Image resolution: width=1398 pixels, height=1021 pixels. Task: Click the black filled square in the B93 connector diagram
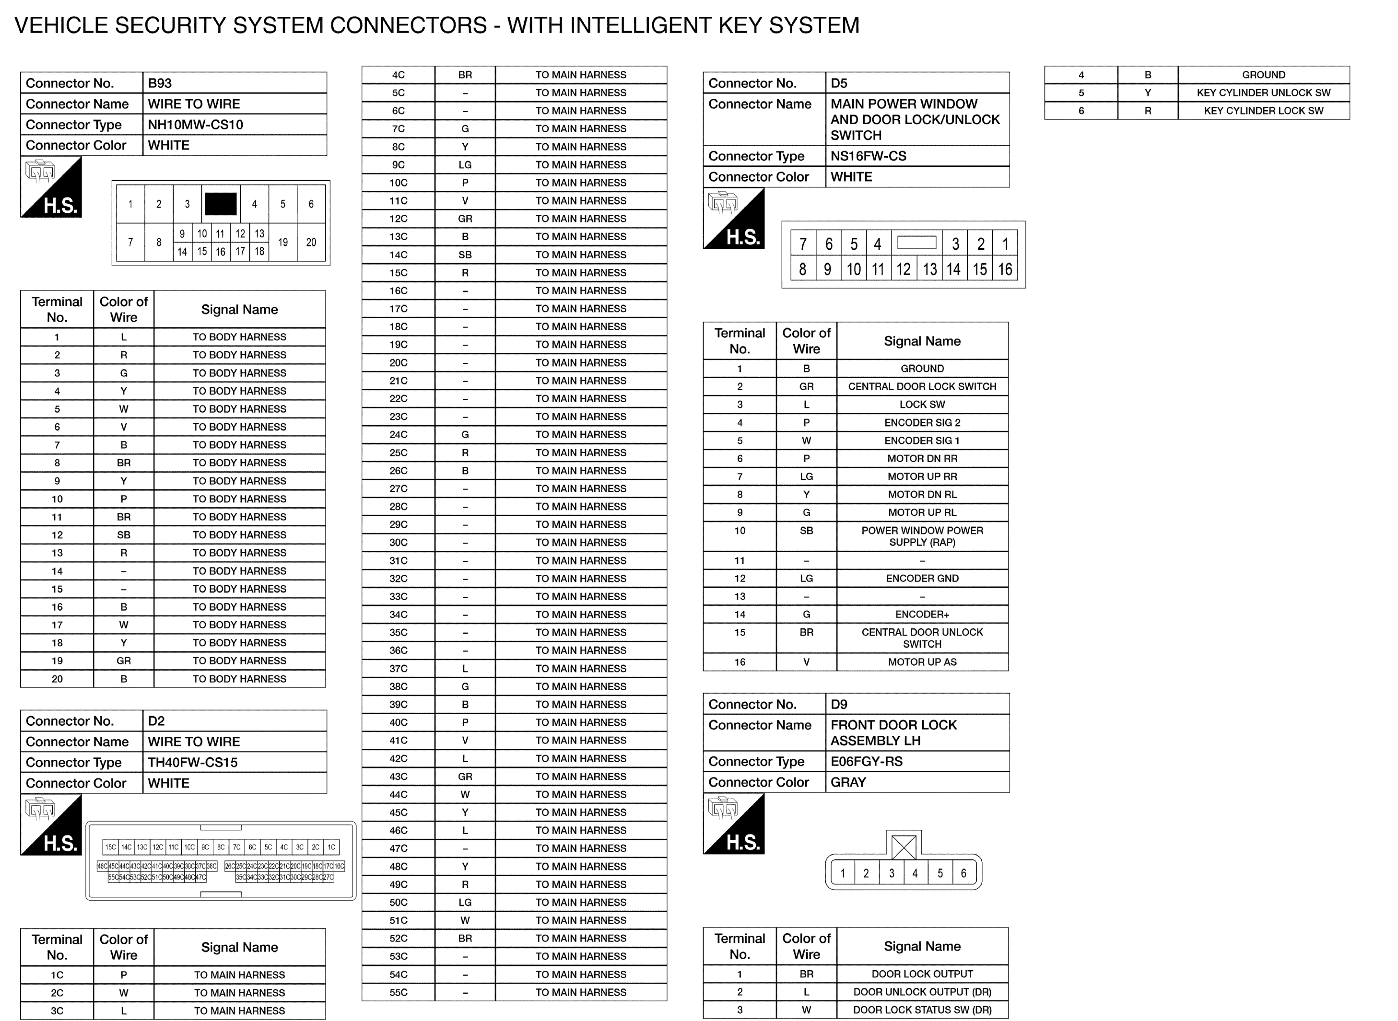(221, 204)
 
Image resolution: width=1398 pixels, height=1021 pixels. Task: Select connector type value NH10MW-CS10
(195, 125)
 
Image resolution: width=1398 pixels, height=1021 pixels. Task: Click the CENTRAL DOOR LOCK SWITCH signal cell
(922, 387)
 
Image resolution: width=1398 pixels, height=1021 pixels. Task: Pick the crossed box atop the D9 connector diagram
(904, 847)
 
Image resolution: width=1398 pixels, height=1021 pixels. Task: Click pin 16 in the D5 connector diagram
(1005, 269)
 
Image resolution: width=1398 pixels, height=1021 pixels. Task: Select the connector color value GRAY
(848, 782)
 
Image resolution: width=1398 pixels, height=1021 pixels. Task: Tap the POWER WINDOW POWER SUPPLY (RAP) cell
(922, 536)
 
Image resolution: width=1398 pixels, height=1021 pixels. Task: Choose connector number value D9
(839, 705)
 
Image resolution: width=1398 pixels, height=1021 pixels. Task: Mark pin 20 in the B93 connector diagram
(311, 242)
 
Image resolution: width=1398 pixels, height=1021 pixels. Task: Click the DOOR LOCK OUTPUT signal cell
(922, 974)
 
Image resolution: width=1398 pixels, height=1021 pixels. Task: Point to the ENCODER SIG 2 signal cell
(922, 423)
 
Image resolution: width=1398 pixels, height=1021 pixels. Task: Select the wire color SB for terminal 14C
(465, 255)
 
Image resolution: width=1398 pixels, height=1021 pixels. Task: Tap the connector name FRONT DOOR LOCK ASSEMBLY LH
(893, 733)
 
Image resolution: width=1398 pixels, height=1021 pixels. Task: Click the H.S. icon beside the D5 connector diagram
(734, 220)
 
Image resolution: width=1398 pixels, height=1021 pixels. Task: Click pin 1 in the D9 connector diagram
(842, 873)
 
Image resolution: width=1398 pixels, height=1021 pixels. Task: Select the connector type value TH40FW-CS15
(192, 763)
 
